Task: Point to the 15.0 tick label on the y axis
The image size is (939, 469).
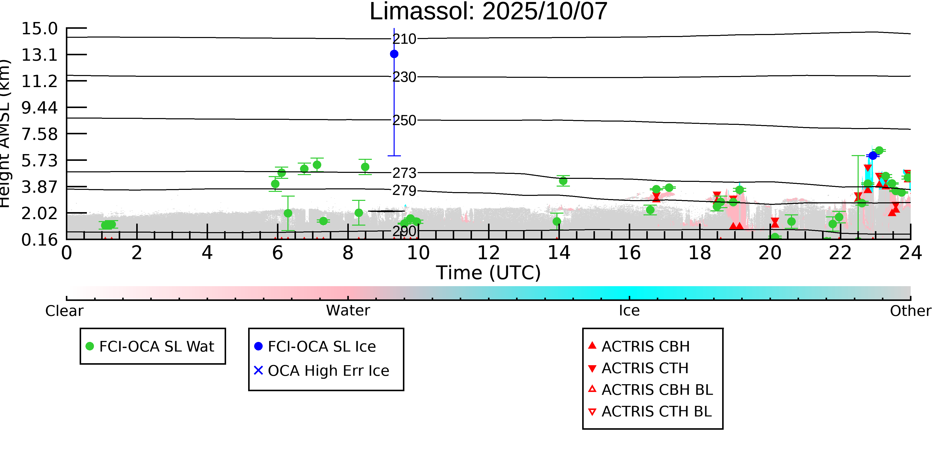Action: tap(39, 29)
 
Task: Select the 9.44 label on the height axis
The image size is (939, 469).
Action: tap(39, 108)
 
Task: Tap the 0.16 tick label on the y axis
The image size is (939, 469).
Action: tap(39, 240)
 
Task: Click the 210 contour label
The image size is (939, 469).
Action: tap(404, 39)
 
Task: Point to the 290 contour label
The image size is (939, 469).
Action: tap(404, 231)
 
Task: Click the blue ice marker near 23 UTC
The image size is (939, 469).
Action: tap(873, 156)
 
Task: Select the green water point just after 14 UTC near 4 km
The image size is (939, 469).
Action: tap(563, 181)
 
